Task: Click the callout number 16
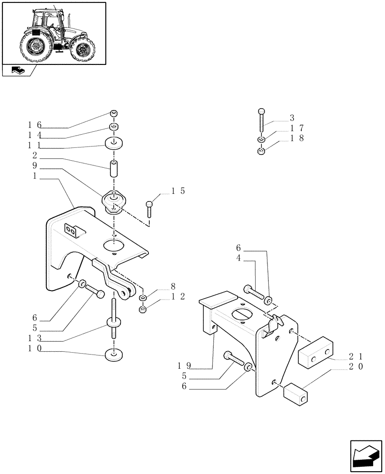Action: (35, 125)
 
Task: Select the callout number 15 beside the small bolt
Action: (178, 191)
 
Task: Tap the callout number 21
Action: (356, 355)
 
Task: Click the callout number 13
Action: (35, 337)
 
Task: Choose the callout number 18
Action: (297, 138)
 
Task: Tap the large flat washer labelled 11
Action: (114, 143)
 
